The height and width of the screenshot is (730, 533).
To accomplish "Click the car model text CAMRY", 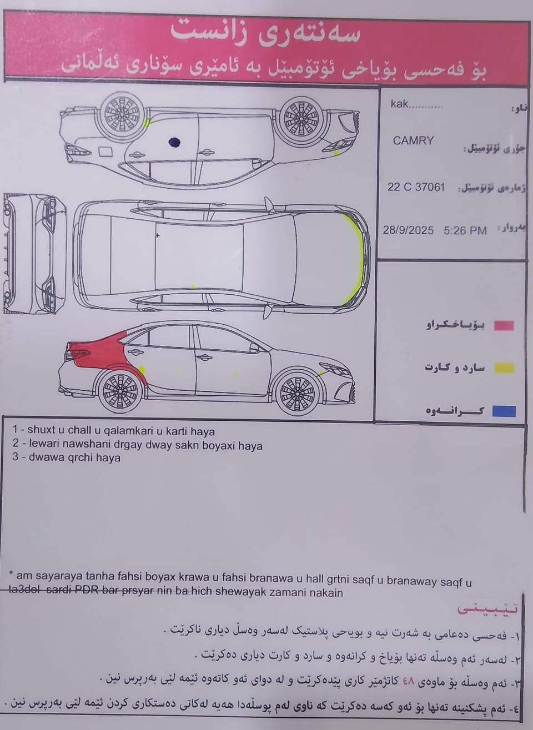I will coord(413,140).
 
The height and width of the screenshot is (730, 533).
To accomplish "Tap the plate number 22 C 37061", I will coord(416,187).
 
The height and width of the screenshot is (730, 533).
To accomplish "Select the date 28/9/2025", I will coord(408,230).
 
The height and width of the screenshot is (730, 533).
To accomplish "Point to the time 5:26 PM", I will coord(465,230).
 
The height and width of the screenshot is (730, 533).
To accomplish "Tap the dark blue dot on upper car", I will coord(174,143).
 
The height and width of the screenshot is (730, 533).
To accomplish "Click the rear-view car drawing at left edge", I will coord(33,253).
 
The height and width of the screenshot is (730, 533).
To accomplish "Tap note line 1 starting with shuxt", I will coord(114,431).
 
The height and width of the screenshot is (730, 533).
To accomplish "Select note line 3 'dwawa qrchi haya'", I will coord(67,458).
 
